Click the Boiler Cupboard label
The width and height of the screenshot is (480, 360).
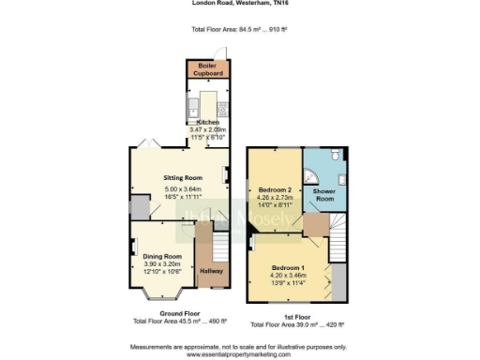[x=207, y=69]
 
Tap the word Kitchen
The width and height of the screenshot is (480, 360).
[x=207, y=122]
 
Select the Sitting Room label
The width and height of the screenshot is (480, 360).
[x=184, y=176]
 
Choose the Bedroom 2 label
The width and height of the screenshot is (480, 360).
[x=276, y=189]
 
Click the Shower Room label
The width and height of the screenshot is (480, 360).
[x=324, y=194]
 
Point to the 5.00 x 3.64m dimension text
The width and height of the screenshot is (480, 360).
[x=184, y=189]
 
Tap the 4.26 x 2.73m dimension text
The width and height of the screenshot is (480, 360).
[x=276, y=198]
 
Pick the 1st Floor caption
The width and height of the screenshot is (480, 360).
[x=297, y=318]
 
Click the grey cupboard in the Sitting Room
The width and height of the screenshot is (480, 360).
[x=140, y=206]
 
